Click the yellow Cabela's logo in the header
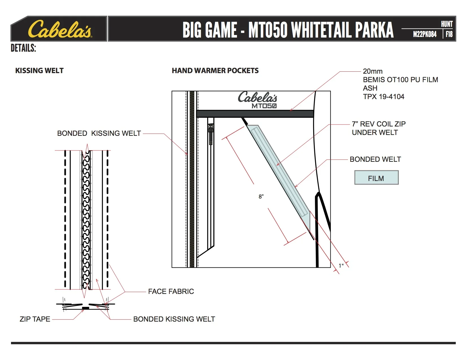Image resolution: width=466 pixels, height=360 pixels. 60,29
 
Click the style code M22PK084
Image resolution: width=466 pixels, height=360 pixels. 424,34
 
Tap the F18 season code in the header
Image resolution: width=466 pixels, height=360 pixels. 449,34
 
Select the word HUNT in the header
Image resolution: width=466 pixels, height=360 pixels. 447,24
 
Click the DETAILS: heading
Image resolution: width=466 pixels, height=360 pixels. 23,48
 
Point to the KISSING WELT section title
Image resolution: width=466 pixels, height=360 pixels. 40,71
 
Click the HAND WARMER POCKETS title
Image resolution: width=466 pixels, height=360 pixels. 215,71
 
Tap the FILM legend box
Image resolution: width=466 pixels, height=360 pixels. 376,178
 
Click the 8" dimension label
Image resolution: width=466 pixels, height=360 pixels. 261,197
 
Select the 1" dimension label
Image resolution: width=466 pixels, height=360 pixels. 341,266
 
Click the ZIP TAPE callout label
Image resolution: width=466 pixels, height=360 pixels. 35,319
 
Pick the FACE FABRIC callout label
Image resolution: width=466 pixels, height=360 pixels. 171,291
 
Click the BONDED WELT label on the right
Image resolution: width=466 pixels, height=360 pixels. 375,159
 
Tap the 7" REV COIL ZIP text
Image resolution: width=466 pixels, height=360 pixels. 378,124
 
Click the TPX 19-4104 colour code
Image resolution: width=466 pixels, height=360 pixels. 384,97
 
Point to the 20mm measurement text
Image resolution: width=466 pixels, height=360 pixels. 373,71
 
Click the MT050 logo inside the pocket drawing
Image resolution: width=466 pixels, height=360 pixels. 264,106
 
